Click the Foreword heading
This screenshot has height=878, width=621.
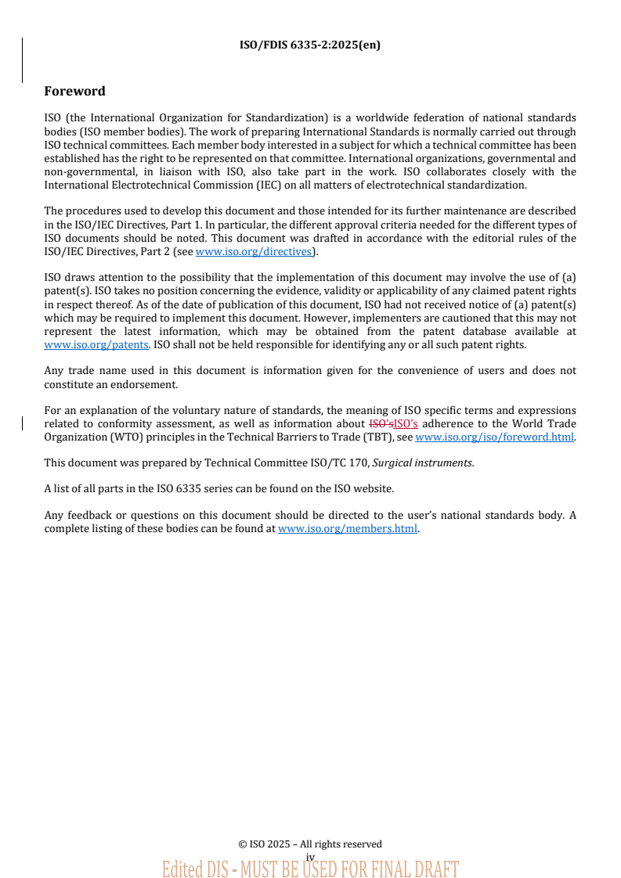tap(74, 91)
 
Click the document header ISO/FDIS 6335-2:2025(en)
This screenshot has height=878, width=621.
tap(310, 45)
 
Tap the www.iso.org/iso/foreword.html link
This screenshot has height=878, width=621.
tap(494, 437)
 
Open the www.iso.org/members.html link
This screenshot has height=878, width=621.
tap(348, 528)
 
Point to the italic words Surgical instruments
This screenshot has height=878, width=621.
tap(422, 462)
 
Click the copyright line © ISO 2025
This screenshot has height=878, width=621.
tap(310, 844)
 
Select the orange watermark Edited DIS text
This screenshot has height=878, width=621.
tap(310, 869)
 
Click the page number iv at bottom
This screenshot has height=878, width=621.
tap(310, 857)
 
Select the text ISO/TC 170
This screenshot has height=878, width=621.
tap(341, 462)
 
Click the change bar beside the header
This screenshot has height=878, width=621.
tap(22, 59)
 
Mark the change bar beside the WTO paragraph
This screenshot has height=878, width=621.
tap(22, 423)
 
